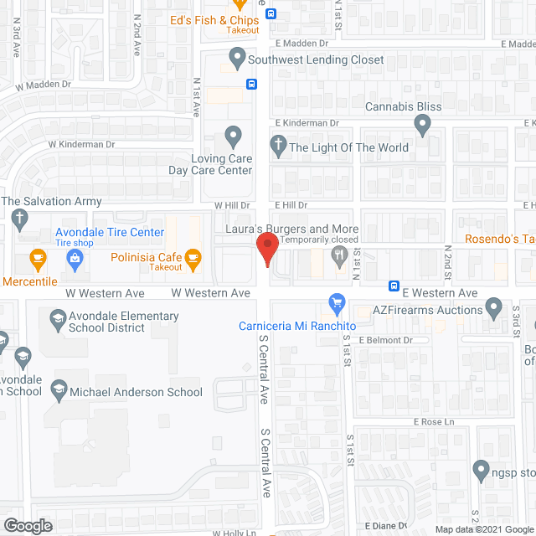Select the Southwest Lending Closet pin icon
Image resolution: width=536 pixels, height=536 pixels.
point(237,59)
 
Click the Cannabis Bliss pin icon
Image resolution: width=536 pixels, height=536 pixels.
point(423,125)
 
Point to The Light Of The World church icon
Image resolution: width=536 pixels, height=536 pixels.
point(277,147)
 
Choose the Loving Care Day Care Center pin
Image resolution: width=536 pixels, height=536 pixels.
point(234,136)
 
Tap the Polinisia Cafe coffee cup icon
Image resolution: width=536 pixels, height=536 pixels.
point(194,256)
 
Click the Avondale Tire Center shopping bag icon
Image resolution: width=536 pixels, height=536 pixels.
point(75,258)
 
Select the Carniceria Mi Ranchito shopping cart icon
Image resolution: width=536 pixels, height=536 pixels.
point(338,301)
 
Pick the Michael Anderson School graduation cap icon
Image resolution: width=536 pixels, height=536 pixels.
point(59,389)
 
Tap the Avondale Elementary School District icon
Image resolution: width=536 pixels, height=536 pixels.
point(57,318)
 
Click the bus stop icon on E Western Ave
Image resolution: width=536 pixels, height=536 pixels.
point(394,286)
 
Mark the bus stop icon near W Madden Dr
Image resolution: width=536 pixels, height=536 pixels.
point(251,84)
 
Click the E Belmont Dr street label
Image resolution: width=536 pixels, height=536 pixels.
point(386,340)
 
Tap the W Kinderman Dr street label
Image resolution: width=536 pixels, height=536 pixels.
point(80,144)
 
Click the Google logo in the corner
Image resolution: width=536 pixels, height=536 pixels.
point(27,525)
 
